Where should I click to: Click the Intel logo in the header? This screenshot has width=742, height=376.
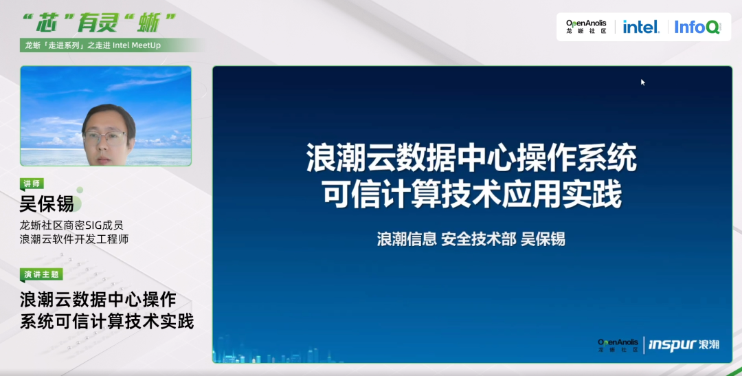[641, 27]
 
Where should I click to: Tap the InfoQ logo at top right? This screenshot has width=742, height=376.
[698, 27]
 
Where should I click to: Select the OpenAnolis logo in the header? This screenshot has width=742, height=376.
[586, 27]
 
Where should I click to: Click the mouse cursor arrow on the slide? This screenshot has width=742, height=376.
[643, 82]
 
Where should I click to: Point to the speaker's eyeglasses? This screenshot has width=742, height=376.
[105, 138]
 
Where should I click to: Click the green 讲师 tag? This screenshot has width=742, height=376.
[32, 184]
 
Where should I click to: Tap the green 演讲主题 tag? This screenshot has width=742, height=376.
[41, 274]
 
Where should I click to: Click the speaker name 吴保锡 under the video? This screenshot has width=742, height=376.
[47, 204]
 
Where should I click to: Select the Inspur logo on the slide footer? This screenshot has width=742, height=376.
[684, 344]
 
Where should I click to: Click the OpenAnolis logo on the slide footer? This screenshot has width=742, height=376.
[618, 345]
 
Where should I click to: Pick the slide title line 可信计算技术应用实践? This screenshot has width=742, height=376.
[472, 196]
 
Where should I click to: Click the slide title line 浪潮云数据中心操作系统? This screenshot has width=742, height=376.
[472, 158]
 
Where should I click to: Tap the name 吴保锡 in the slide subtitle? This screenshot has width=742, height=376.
[543, 239]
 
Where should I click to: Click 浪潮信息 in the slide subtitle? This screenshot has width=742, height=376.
[407, 239]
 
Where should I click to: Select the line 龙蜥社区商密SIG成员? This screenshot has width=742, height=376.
[71, 225]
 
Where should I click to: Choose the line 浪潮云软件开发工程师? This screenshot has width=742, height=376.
[74, 239]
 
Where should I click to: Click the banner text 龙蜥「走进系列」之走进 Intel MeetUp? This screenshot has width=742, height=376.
[93, 45]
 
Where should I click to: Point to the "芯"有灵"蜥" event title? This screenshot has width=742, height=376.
[99, 23]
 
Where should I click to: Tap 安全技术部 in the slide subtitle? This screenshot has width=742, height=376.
[478, 239]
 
